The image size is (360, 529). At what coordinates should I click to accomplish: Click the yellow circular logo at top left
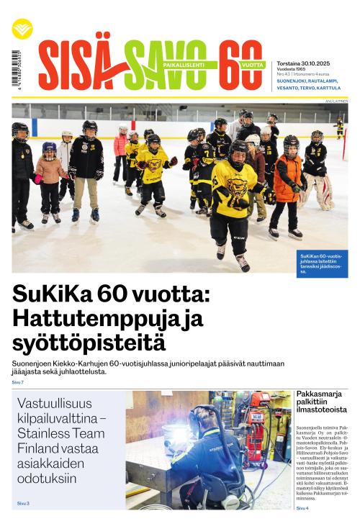coord(22,28)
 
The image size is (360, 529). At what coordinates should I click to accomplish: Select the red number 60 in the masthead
coord(240,65)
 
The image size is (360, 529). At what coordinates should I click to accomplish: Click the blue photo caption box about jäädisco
coord(322,263)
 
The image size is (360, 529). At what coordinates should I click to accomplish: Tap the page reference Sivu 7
coord(17,381)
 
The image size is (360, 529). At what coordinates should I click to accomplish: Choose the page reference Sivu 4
coord(302,508)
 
